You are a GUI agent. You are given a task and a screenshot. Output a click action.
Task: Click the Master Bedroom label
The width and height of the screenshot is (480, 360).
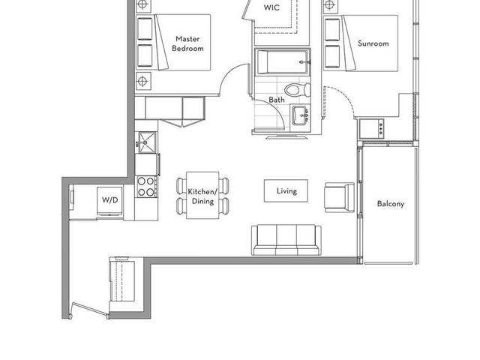point(187,43)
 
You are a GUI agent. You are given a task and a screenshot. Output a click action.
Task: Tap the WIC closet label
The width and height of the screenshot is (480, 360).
point(271,7)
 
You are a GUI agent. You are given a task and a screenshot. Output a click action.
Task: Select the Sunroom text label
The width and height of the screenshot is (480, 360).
point(373,43)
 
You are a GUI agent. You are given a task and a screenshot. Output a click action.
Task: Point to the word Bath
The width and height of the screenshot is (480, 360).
point(277,100)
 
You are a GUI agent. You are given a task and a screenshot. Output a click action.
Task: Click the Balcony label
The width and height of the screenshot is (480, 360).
point(391,203)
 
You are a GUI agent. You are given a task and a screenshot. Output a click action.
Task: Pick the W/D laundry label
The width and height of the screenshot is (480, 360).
point(110,200)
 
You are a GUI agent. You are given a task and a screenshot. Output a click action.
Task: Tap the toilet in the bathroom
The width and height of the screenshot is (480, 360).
point(298,90)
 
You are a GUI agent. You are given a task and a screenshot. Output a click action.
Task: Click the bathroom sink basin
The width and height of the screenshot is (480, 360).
point(300,115)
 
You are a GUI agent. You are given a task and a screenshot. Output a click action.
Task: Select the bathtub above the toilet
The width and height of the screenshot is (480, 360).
point(283,62)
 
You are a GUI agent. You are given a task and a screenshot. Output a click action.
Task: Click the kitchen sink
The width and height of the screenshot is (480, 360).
point(147,142)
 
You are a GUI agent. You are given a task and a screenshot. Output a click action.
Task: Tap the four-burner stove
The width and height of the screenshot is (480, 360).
point(146,187)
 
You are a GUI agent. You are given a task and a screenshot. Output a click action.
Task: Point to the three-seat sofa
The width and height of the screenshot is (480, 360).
point(286,240)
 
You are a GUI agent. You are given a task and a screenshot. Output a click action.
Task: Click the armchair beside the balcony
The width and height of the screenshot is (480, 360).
point(339,197)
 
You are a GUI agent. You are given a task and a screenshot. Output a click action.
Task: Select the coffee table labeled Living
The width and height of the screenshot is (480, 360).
point(286,191)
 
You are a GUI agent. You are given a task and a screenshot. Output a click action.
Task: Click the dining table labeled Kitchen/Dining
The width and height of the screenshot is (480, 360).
point(202,195)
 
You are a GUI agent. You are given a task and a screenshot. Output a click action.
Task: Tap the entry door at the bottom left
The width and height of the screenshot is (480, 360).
point(89,310)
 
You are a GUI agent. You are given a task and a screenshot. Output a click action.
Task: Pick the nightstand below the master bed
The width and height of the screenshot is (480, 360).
point(143,81)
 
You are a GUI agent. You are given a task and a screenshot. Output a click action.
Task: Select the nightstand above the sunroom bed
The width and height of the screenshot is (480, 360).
point(330,5)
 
